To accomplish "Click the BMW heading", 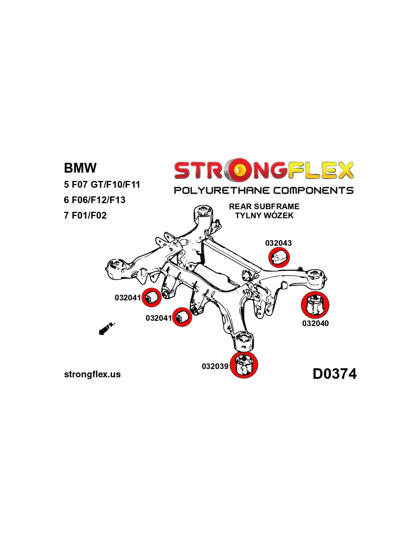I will [80, 168].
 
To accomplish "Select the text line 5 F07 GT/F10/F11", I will [102, 184].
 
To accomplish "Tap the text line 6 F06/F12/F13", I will [94, 200].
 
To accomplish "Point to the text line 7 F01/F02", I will [85, 215].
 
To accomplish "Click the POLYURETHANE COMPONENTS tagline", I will [263, 190].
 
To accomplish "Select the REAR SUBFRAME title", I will [264, 206].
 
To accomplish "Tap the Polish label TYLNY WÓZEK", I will [264, 216].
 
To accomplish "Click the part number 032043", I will [278, 243].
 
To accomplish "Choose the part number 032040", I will [315, 323].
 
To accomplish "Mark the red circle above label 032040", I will [315, 305].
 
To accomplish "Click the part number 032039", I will [215, 366].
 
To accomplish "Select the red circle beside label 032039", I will [244, 364].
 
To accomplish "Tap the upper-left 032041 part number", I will [128, 298].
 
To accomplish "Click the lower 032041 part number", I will [159, 318].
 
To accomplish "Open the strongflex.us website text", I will [92, 374].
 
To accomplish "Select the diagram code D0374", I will [334, 374].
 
